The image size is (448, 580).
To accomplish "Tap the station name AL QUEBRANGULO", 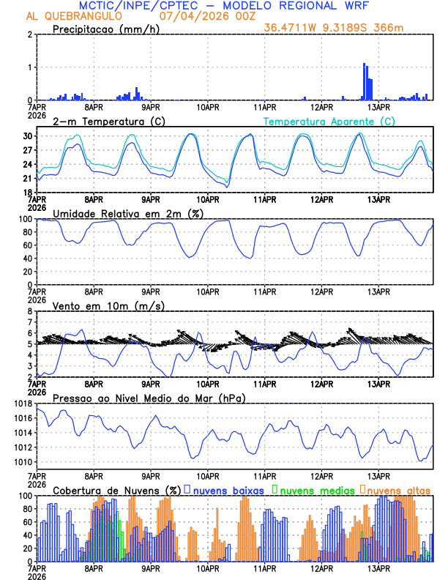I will tap(72, 16).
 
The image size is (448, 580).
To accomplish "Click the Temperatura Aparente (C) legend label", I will tap(329, 121).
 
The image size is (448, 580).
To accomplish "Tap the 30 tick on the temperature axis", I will tap(27, 136).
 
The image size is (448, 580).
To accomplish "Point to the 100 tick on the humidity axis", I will tap(24, 219).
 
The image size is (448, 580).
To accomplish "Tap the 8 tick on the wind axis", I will tap(30, 311).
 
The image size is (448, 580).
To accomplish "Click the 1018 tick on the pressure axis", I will tap(20, 404).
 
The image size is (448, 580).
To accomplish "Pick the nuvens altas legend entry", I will tap(398, 489).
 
